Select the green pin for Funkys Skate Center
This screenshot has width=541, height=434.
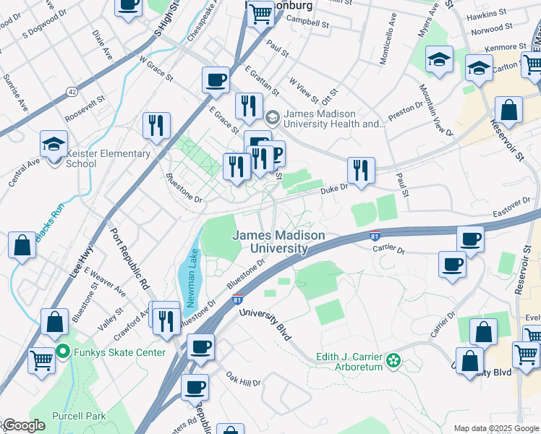[x=63, y=352]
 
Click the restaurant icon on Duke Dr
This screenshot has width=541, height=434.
[x=360, y=171]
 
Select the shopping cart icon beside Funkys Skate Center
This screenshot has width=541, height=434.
[x=41, y=358]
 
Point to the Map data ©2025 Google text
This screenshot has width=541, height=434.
[x=495, y=428]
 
